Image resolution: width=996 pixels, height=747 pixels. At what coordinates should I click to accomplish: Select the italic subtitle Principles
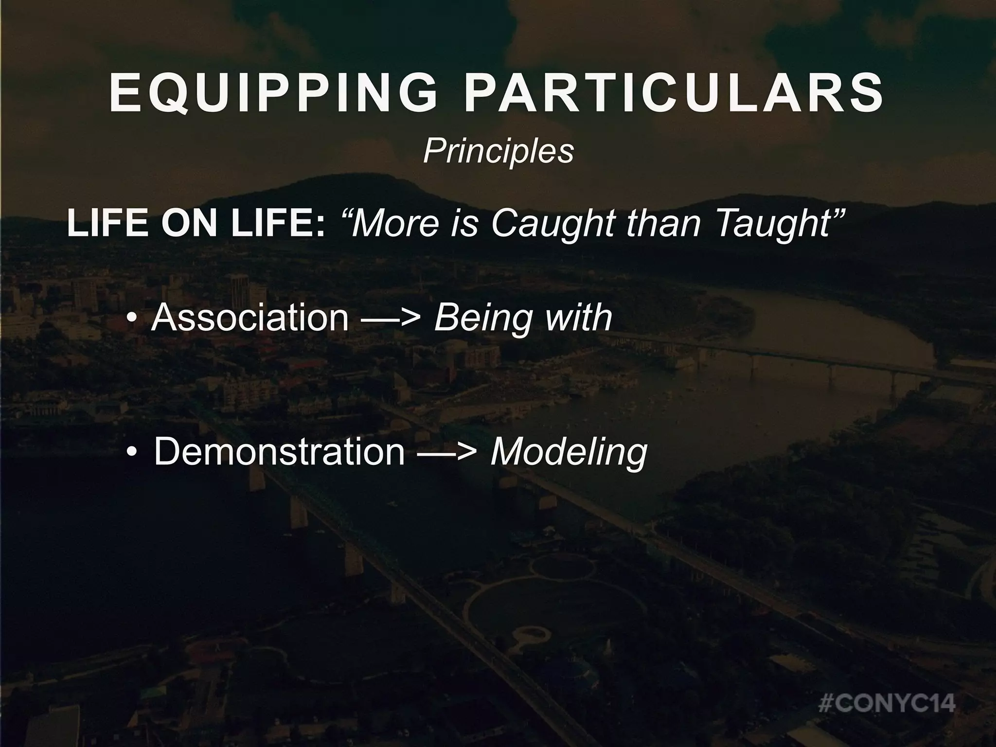coord(498,151)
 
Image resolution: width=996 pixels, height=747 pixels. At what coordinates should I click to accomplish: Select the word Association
coord(250,318)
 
